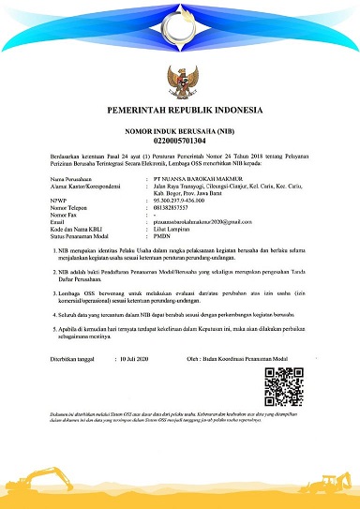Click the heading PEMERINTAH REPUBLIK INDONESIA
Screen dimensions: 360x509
179,110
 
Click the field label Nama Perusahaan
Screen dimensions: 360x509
75,177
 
